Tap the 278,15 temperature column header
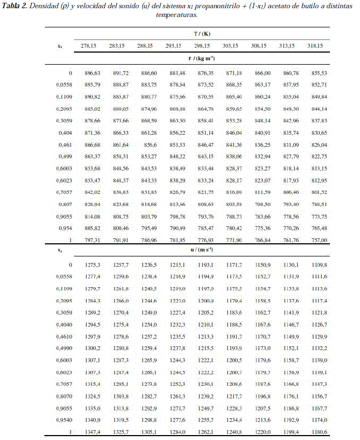click(x=89, y=46)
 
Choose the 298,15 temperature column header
click(x=202, y=46)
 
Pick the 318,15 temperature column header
click(x=315, y=46)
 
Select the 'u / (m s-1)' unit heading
click(x=202, y=250)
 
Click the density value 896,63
click(x=89, y=73)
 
